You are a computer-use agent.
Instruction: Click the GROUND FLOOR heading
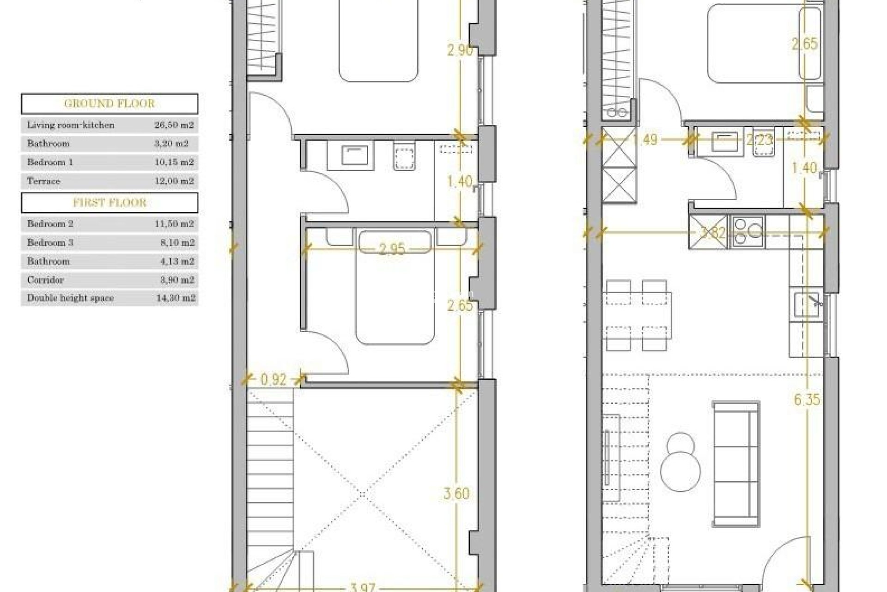tap(109, 104)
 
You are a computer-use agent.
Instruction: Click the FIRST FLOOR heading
tap(109, 203)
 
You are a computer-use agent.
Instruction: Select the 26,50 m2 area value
tap(174, 125)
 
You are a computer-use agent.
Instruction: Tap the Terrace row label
tap(44, 181)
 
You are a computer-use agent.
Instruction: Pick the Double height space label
tap(70, 298)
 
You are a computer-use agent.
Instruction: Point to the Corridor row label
tap(45, 280)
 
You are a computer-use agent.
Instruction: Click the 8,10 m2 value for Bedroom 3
tap(174, 242)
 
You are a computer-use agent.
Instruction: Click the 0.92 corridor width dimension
tap(273, 380)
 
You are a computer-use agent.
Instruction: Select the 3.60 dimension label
tap(456, 493)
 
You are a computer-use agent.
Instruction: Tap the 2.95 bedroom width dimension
tap(392, 249)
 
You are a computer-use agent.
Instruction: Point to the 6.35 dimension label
tap(807, 399)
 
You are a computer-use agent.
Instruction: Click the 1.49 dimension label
tap(645, 139)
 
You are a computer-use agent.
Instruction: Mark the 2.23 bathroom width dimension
tap(759, 139)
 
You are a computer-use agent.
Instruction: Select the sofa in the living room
tap(736, 463)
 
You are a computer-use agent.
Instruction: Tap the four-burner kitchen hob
tap(747, 231)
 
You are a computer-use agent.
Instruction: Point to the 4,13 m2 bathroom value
tap(174, 261)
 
